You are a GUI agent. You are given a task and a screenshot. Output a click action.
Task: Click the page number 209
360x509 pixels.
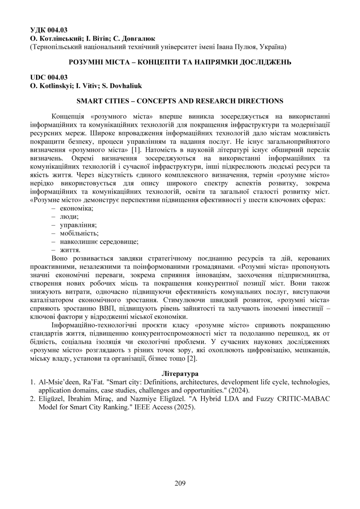(180, 483)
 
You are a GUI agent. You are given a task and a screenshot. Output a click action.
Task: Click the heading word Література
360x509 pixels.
(180, 374)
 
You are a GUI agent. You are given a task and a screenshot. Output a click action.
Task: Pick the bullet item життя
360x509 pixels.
(70, 250)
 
